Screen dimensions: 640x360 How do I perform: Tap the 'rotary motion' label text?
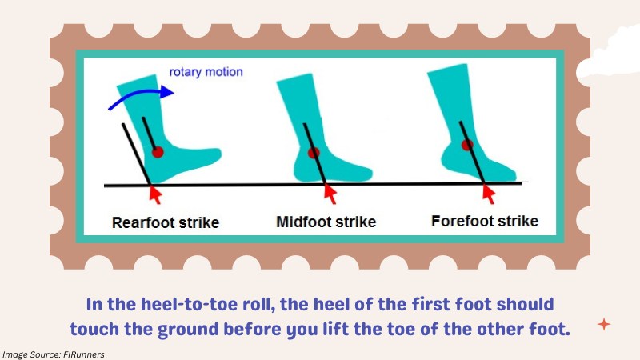click(x=206, y=72)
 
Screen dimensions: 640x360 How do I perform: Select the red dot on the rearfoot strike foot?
click(x=158, y=152)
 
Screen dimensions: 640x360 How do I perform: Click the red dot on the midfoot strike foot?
click(x=314, y=153)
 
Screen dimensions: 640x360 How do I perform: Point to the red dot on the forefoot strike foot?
click(x=467, y=145)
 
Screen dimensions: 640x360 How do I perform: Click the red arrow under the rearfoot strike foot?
click(x=154, y=194)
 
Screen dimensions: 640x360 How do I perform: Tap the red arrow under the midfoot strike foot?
click(x=330, y=194)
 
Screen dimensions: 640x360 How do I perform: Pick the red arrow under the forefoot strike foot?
click(x=489, y=194)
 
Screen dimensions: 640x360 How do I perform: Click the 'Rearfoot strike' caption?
click(x=166, y=223)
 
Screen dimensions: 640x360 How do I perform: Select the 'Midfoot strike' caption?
click(x=326, y=222)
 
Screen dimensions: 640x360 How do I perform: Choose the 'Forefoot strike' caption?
click(x=485, y=222)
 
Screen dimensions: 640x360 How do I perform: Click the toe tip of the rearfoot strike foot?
click(x=220, y=154)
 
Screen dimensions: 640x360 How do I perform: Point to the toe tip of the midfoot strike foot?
click(x=370, y=174)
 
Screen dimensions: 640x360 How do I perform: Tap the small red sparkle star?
click(x=604, y=325)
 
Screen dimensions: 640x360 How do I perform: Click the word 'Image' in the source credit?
click(x=14, y=354)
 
